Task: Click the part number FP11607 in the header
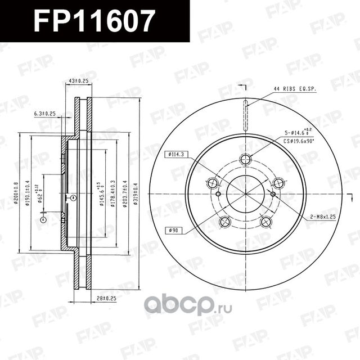pyautogui.click(x=94, y=21)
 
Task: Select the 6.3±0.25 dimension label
pyautogui.click(x=45, y=114)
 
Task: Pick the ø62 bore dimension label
pyautogui.click(x=40, y=192)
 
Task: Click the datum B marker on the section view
pyautogui.click(x=73, y=197)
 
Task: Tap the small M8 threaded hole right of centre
pyautogui.click(x=273, y=194)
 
